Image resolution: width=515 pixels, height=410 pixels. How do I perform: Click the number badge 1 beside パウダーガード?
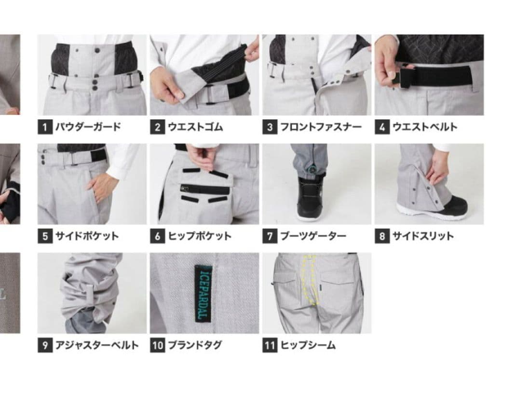tap(44, 127)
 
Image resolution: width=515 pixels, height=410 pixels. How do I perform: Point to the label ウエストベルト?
tap(424, 127)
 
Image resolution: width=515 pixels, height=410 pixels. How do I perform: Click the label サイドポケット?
tap(87, 237)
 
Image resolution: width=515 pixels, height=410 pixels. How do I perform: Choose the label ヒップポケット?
tap(199, 237)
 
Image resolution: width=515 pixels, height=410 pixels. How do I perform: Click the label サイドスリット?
tap(422, 237)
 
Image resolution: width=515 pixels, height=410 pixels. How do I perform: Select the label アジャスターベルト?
tap(96, 345)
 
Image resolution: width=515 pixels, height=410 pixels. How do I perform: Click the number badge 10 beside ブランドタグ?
tap(158, 345)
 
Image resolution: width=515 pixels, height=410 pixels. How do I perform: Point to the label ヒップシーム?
tap(308, 345)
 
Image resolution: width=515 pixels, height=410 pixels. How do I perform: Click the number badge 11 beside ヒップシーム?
tap(270, 345)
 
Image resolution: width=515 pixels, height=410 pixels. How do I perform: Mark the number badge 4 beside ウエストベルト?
tap(382, 127)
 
